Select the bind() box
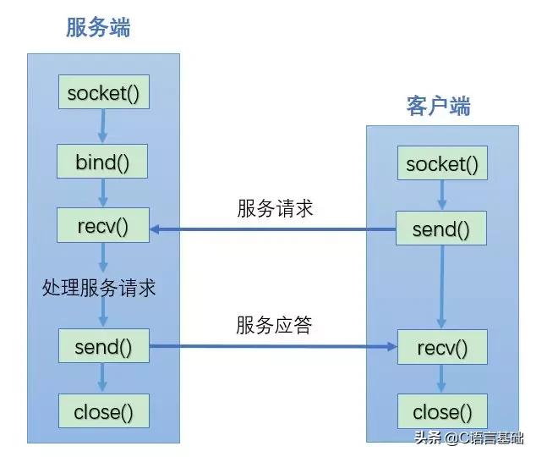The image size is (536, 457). pyautogui.click(x=102, y=162)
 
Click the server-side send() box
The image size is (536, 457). pyautogui.click(x=103, y=346)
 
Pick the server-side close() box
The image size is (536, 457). pyautogui.click(x=103, y=413)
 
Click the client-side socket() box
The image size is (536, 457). pyautogui.click(x=441, y=164)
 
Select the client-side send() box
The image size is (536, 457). pyautogui.click(x=441, y=229)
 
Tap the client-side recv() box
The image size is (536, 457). pyautogui.click(x=441, y=347)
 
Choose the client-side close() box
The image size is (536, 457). pyautogui.click(x=441, y=413)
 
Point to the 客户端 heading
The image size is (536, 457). pyautogui.click(x=438, y=107)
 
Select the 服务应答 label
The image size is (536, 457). pyautogui.click(x=274, y=324)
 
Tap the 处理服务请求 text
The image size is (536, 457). pyautogui.click(x=99, y=288)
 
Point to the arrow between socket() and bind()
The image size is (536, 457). pyautogui.click(x=102, y=127)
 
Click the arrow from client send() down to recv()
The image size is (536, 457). pyautogui.click(x=440, y=288)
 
